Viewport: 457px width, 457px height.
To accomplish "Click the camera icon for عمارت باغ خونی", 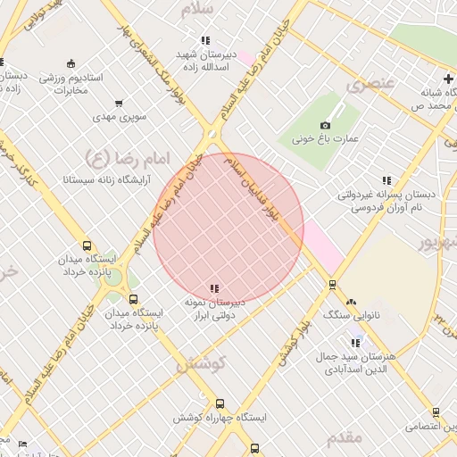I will pyautogui.click(x=325, y=125).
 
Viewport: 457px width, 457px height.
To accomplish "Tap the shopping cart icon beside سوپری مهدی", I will pyautogui.click(x=120, y=103).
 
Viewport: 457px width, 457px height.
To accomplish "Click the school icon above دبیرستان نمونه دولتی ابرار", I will pyautogui.click(x=213, y=288).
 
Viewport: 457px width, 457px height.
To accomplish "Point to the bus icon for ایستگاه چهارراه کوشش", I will pyautogui.click(x=220, y=403).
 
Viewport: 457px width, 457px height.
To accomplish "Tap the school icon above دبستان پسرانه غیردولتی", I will pyautogui.click(x=386, y=180).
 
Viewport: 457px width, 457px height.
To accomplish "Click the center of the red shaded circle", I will pyautogui.click(x=228, y=228).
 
